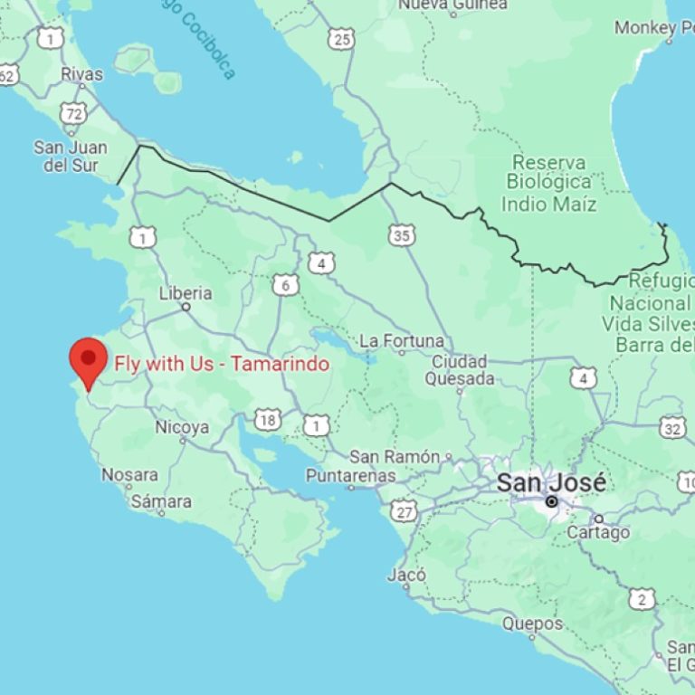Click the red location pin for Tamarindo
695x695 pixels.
coord(88,359)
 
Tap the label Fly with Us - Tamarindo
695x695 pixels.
coord(221,364)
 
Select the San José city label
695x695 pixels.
coord(550,482)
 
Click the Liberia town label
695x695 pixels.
coord(186,293)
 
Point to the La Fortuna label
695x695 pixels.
coord(402,341)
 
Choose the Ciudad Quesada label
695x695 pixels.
coord(460,370)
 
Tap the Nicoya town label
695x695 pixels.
coord(182,427)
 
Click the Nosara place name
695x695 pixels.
coord(129,474)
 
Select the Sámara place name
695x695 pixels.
coord(161,500)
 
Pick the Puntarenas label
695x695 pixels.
coord(350,475)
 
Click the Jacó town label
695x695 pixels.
coord(406,575)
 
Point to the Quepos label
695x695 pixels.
coord(532,624)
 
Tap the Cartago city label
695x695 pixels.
coord(598,532)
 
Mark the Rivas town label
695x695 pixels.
coord(82,73)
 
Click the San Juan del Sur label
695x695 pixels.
coord(71,156)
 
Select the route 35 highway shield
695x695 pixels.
coord(403,236)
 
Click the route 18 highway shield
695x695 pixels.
coord(267,419)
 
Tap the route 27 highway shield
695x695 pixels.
coord(405,513)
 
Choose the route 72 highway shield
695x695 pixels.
coord(74,113)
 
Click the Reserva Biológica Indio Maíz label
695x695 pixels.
coord(549,183)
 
